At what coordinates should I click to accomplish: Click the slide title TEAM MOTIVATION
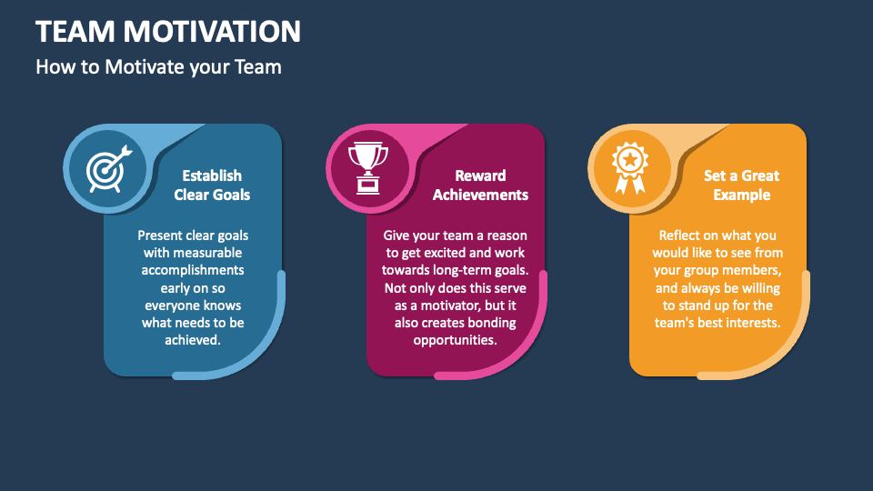pos(168,32)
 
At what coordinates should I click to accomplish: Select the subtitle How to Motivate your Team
pos(158,66)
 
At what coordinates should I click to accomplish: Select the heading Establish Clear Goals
pos(212,185)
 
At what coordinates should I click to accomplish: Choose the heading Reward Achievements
pos(480,185)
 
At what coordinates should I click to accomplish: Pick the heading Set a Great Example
pos(741,185)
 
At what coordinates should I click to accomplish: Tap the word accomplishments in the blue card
pos(193,270)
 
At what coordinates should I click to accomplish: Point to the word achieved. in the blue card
pos(193,340)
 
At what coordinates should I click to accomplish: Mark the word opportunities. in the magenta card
pos(455,340)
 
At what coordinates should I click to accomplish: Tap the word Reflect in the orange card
pos(679,235)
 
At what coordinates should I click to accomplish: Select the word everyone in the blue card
pos(171,305)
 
